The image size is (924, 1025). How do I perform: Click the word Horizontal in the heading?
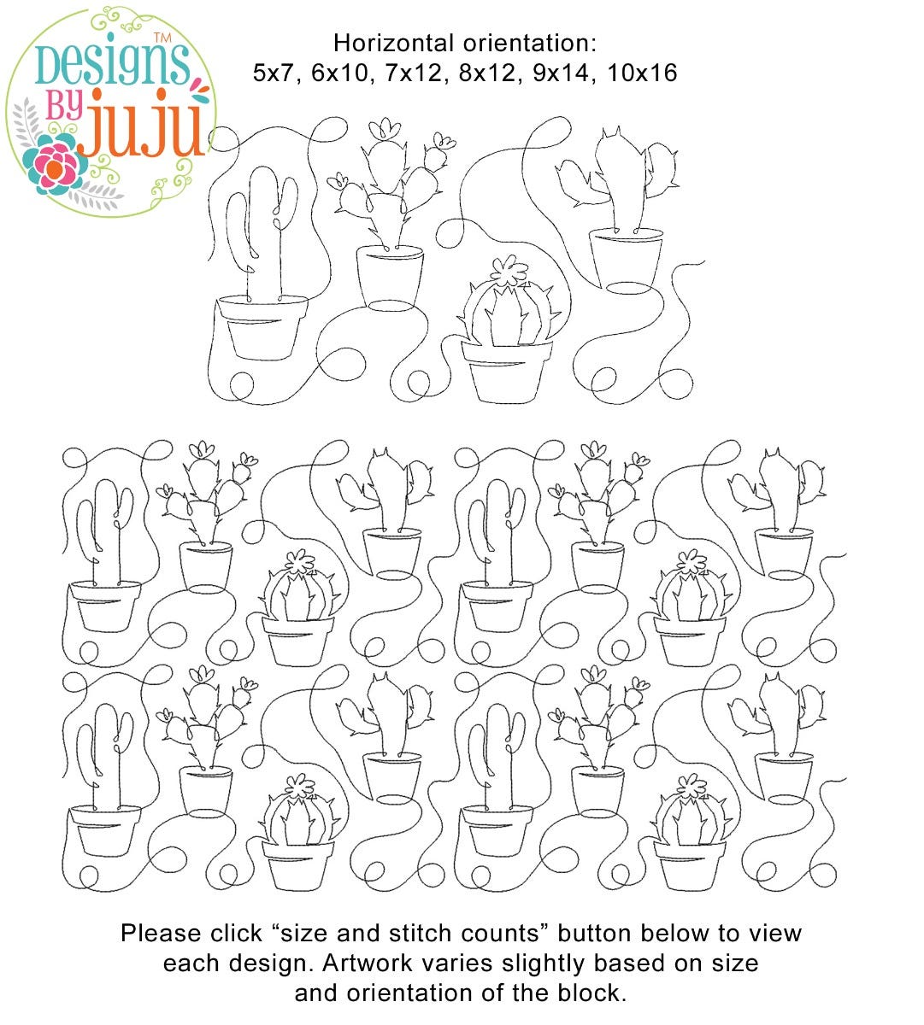tap(390, 43)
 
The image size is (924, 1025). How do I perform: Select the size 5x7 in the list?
tap(273, 73)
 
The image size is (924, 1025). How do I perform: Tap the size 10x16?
tap(642, 73)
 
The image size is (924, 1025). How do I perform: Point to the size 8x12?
tap(486, 73)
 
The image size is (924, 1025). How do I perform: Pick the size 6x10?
tap(339, 73)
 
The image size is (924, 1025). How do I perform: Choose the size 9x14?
tap(561, 73)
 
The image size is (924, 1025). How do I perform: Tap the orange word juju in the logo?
tap(144, 124)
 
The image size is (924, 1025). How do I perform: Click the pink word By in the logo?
tap(64, 106)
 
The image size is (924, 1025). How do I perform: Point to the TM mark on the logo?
tap(162, 38)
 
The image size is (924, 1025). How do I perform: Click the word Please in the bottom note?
tap(160, 934)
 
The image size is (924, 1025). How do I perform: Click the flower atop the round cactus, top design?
tap(509, 271)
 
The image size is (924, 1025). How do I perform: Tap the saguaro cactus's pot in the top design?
tap(262, 327)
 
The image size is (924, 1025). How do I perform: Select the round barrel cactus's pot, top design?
tap(507, 372)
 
